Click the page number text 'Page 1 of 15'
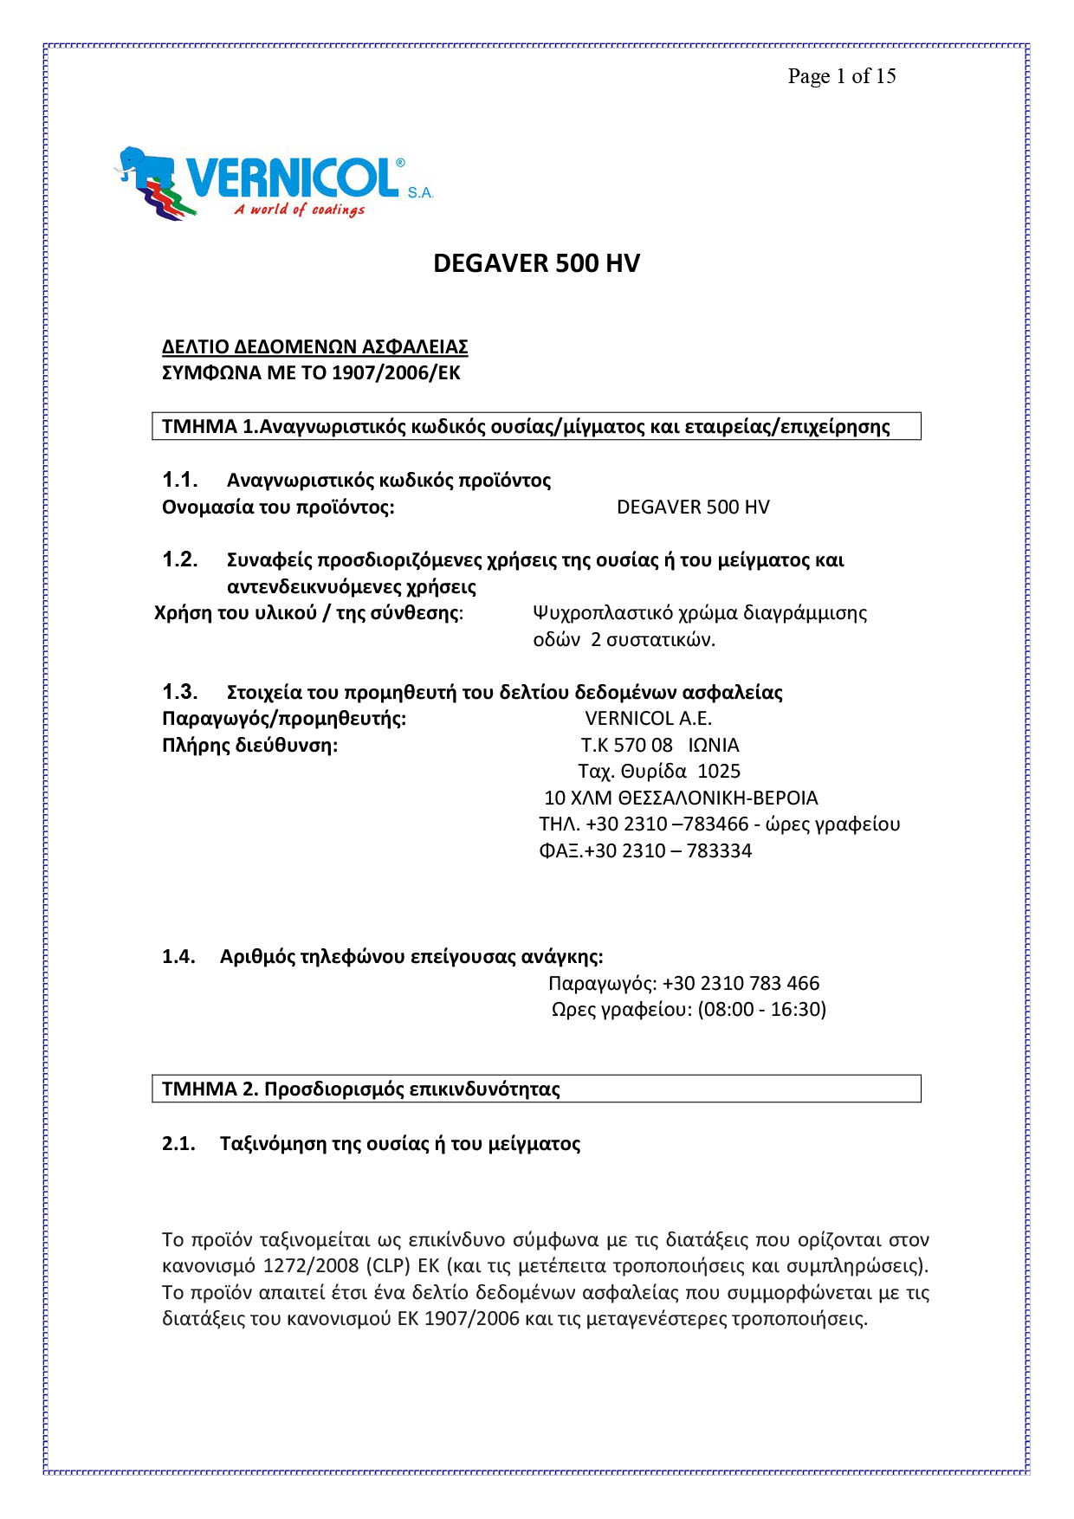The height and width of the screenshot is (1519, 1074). [x=841, y=76]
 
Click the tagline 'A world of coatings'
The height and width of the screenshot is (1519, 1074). [x=299, y=210]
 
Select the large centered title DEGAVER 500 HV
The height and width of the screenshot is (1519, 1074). [x=536, y=263]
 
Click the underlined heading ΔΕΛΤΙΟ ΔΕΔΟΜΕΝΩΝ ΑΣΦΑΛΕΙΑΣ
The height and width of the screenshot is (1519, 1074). [x=314, y=346]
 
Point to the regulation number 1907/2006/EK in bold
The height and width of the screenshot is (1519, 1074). [x=396, y=373]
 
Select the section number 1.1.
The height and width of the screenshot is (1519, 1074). [x=179, y=480]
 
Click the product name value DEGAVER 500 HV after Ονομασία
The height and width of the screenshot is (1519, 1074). [x=693, y=507]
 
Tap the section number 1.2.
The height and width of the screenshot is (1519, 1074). [x=179, y=559]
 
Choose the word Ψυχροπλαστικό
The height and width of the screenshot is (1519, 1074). [x=602, y=613]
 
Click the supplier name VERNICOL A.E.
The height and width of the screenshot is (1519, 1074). [x=648, y=718]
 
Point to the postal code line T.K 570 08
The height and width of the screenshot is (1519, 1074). [x=626, y=745]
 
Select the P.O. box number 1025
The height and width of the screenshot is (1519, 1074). [x=719, y=771]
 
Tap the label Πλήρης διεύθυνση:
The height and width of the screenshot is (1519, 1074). [x=249, y=745]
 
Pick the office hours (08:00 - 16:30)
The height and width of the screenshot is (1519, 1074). [x=761, y=1009]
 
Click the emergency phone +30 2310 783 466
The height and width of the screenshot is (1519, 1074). [x=741, y=983]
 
